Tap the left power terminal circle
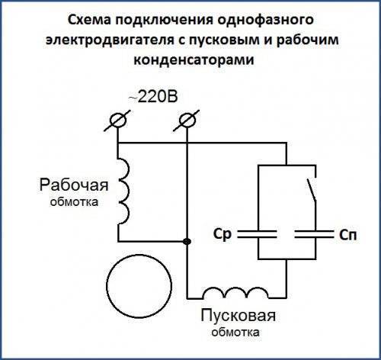[118, 121]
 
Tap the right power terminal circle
[187, 121]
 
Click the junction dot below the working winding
[187, 241]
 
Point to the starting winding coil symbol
[235, 293]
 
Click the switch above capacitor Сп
[312, 190]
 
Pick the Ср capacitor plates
[258, 234]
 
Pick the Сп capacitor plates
[314, 234]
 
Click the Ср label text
[223, 234]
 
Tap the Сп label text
[347, 235]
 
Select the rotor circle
[139, 286]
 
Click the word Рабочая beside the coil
[74, 185]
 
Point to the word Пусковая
[239, 316]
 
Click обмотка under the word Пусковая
[235, 333]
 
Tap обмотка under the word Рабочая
[74, 202]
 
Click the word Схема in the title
[89, 20]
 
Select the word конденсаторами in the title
[194, 60]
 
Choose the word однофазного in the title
[265, 21]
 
